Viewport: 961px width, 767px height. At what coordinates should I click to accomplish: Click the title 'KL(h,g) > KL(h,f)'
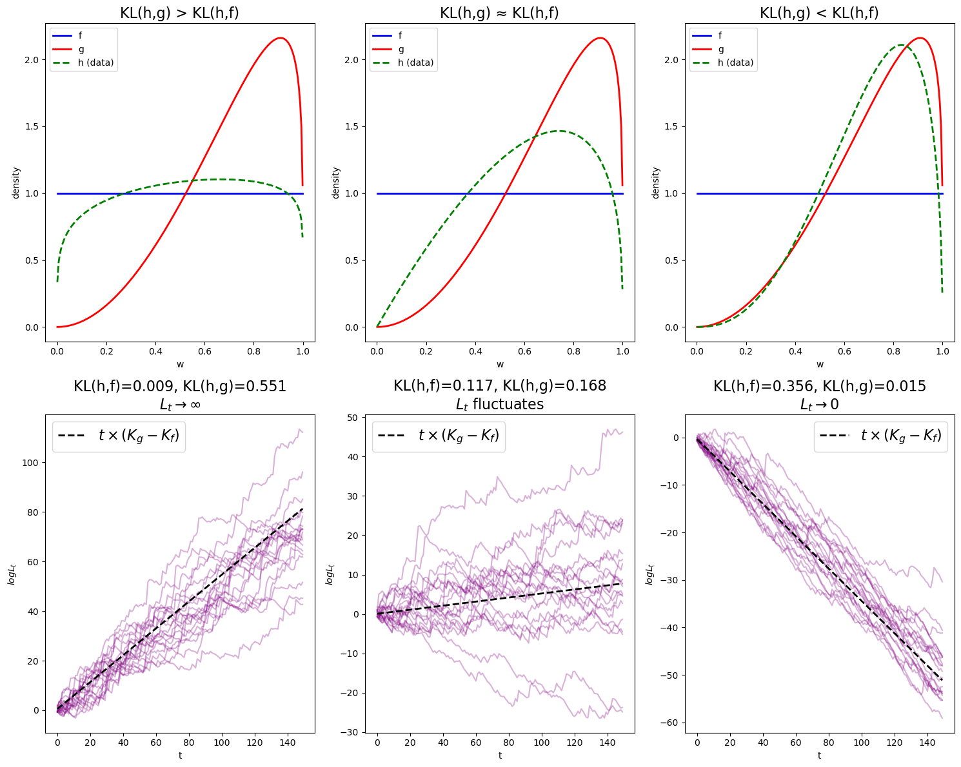[179, 13]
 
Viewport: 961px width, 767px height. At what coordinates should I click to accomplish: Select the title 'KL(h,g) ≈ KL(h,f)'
[499, 13]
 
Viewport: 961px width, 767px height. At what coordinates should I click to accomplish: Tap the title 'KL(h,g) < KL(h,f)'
[819, 13]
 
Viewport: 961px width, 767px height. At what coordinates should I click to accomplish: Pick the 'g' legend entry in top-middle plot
[401, 49]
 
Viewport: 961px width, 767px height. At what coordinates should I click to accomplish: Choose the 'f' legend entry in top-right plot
[721, 36]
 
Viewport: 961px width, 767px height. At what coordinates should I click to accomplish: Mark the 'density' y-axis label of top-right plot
[655, 182]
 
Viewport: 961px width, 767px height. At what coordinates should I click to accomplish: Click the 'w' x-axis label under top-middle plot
[500, 365]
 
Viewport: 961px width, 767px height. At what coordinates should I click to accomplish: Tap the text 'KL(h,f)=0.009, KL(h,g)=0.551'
[179, 387]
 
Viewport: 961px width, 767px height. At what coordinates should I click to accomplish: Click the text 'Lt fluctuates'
[499, 404]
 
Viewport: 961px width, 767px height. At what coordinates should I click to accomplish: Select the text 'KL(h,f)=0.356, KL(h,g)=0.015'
[819, 387]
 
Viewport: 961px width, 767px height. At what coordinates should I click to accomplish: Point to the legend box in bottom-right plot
[880, 436]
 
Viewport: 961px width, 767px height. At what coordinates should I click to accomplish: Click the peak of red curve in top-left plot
[281, 38]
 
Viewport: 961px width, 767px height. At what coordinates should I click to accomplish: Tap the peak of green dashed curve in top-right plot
[900, 45]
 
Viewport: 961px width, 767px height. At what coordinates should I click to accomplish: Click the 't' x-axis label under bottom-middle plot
[500, 755]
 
